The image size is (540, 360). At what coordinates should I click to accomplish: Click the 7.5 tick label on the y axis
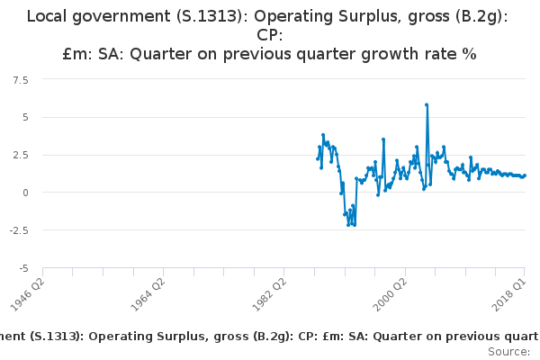pos(21,80)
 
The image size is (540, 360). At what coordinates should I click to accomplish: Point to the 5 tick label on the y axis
pos(25,118)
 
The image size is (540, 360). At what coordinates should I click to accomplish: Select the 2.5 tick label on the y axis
pos(21,155)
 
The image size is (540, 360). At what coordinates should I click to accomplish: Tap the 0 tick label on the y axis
pos(25,193)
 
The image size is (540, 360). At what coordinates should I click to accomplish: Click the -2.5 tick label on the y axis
pos(19,230)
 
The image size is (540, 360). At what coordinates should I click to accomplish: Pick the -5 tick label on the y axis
pos(23,268)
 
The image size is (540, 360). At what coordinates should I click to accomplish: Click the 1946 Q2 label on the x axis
pos(27,294)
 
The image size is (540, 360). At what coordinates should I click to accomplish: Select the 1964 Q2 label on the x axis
pos(148,294)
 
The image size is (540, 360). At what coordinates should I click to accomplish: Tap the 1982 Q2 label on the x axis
pos(269,294)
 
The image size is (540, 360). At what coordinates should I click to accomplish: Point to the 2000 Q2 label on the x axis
pos(390,294)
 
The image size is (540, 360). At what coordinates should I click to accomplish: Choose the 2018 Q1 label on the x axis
pos(509,294)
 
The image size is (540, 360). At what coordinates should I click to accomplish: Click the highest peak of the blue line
pos(427,104)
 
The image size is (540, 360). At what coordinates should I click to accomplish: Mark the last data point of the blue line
pos(525,175)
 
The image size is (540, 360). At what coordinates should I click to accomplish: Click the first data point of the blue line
pos(318,158)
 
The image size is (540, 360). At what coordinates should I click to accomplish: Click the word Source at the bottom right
pos(508,352)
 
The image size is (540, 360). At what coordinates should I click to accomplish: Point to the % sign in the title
pos(469,54)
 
